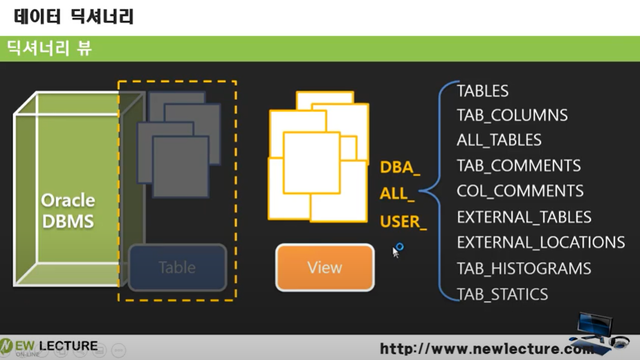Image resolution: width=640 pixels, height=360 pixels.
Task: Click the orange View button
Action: point(324,267)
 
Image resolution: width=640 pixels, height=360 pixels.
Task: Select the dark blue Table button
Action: point(177,267)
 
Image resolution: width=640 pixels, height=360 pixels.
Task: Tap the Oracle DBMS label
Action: point(68,211)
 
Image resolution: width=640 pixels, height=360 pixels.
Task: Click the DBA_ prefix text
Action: point(400,168)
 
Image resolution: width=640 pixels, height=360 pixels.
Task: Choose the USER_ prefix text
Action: point(403,222)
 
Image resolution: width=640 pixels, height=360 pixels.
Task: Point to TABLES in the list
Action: point(482,91)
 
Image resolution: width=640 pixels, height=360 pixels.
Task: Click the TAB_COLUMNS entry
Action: point(512,115)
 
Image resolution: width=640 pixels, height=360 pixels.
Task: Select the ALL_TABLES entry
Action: point(499,140)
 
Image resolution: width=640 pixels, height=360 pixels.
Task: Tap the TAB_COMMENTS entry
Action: point(518,165)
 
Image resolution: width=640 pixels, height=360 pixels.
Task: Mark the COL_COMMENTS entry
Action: point(520,191)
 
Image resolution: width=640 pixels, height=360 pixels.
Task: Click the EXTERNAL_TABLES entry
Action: point(524,217)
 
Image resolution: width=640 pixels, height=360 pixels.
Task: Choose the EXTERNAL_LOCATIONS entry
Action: point(540,242)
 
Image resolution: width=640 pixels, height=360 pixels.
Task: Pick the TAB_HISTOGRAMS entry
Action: point(524,268)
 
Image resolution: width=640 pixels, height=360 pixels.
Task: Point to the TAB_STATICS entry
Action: point(502,294)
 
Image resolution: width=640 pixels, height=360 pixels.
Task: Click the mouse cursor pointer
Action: point(396,251)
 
